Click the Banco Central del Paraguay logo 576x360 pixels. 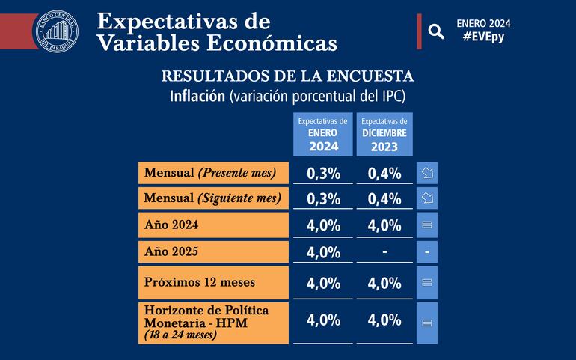(x=57, y=30)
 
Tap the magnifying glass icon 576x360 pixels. (x=435, y=31)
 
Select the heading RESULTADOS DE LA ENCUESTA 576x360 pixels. (x=287, y=76)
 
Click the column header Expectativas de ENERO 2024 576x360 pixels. (x=323, y=134)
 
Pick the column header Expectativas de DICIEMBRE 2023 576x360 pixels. (x=384, y=134)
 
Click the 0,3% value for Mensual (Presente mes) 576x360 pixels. (x=323, y=174)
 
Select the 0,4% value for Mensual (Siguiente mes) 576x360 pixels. (x=384, y=199)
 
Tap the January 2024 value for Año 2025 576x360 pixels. (x=323, y=252)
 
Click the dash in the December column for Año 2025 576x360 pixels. (x=384, y=251)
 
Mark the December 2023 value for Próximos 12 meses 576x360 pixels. (x=384, y=283)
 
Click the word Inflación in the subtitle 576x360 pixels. (x=197, y=96)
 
